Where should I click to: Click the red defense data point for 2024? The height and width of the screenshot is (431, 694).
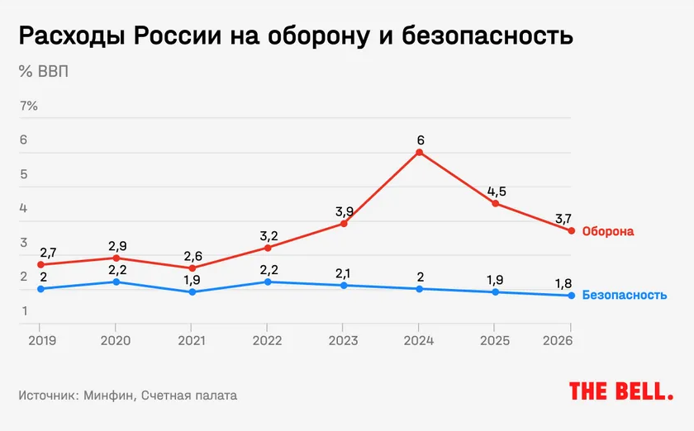click(420, 153)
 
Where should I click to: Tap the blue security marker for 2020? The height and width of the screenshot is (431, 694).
click(116, 282)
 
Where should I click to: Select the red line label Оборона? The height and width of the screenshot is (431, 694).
click(608, 232)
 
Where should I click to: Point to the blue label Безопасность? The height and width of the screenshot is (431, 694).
click(624, 295)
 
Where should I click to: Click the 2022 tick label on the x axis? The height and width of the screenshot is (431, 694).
click(267, 340)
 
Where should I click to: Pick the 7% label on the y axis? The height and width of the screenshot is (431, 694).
click(29, 106)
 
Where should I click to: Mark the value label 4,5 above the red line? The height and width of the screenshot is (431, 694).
click(497, 192)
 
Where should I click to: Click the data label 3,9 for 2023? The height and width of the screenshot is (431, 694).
click(344, 212)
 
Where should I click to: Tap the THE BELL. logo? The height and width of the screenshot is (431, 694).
click(621, 391)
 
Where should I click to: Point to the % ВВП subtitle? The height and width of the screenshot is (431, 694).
click(44, 71)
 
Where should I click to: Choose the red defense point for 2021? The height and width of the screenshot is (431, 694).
click(192, 268)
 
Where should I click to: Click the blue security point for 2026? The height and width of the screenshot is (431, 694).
click(571, 296)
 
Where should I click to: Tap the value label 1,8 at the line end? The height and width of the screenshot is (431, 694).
click(563, 282)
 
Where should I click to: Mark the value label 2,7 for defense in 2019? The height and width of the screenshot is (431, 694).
click(47, 253)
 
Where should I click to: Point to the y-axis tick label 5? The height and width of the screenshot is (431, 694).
click(24, 174)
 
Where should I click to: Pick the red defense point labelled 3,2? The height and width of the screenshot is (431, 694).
click(268, 248)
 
